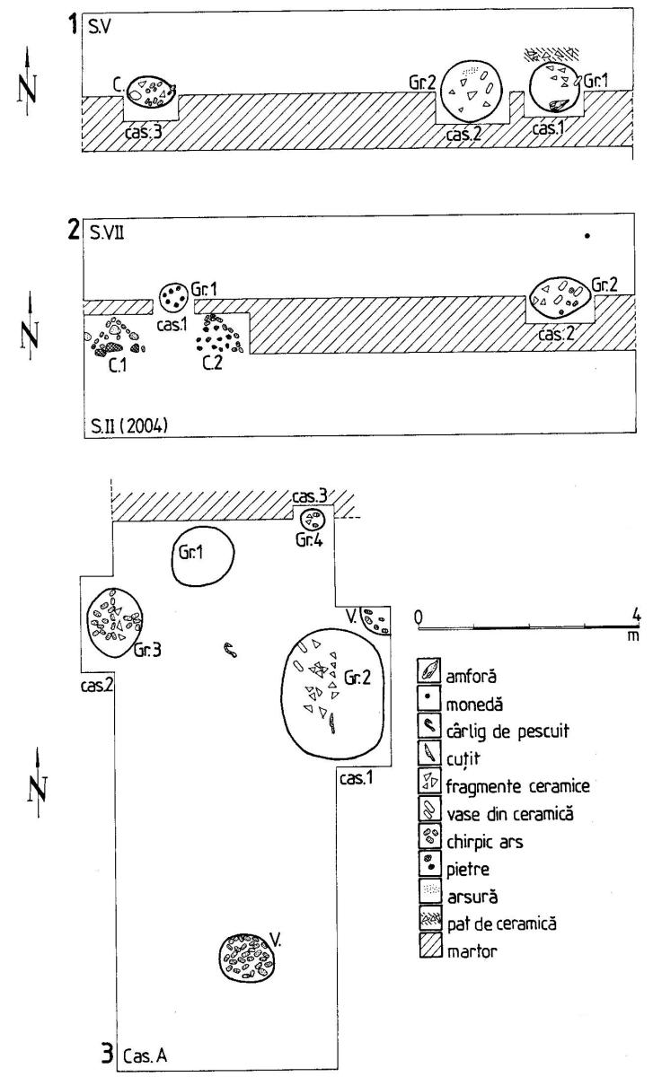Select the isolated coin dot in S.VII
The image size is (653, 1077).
click(587, 236)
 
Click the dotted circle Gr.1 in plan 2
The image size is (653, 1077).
click(174, 294)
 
